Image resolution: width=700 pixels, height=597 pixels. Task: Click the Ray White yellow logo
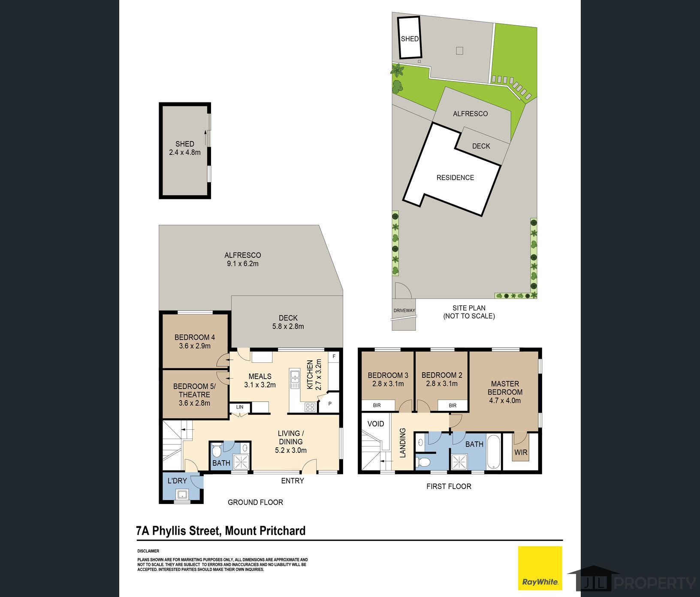[x=540, y=568]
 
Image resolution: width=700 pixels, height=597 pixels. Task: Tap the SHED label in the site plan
[x=409, y=39]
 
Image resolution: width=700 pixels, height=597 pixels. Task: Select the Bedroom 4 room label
[x=194, y=337]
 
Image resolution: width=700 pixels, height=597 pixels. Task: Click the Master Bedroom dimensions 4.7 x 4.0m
[x=505, y=401]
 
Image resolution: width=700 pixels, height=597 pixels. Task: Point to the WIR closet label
[x=521, y=452]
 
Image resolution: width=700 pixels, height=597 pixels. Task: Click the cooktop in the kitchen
[x=310, y=407]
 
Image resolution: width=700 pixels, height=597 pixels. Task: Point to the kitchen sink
[x=295, y=378]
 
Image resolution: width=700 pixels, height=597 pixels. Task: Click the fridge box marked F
[x=334, y=356]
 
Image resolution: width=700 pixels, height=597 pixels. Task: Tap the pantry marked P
[x=330, y=404]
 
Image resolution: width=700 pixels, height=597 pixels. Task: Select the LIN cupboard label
[x=240, y=407]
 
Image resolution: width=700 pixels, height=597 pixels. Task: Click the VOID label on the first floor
[x=376, y=424]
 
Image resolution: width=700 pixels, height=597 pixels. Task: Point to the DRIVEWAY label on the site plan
[x=404, y=311]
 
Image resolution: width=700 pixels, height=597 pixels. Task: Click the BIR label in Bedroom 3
[x=377, y=405]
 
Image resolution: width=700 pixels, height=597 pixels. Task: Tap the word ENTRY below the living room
[x=293, y=481]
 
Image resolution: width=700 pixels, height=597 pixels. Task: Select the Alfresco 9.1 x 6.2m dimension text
[x=243, y=264]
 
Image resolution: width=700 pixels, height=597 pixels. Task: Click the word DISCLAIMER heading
[x=148, y=551]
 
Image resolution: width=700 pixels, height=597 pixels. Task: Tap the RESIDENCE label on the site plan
[x=455, y=178]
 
